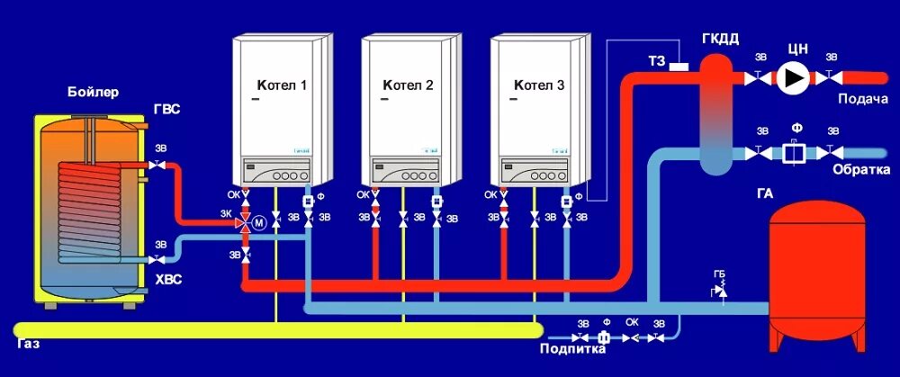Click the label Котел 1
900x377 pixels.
[x=282, y=86]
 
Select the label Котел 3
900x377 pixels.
[x=539, y=86]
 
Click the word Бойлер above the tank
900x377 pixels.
[x=93, y=92]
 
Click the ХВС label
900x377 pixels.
[x=167, y=280]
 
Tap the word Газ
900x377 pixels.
[x=28, y=346]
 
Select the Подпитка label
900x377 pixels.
[x=564, y=349]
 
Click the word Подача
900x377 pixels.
[x=863, y=98]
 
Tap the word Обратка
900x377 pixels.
[x=861, y=170]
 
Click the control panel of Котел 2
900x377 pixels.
[x=407, y=169]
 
